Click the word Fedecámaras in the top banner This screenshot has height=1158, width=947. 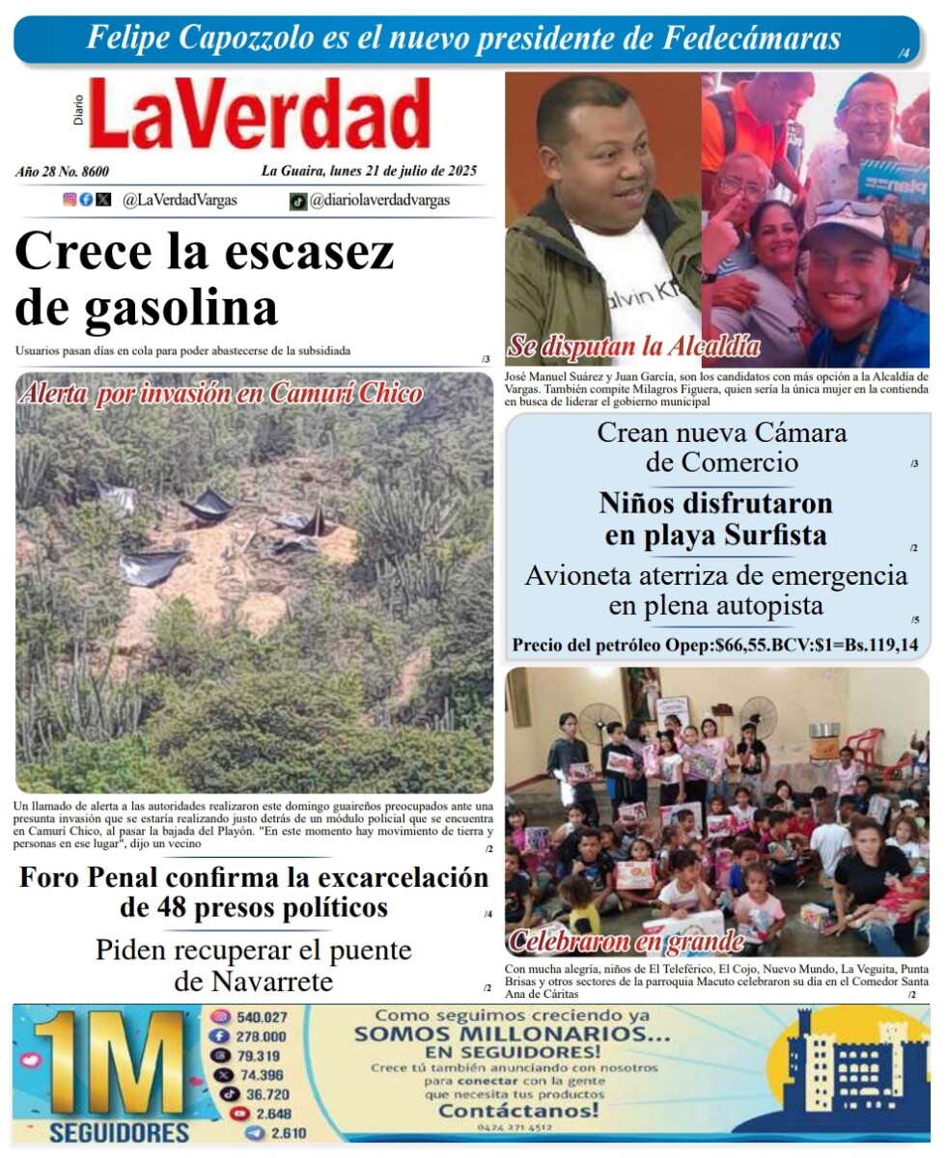tap(752, 38)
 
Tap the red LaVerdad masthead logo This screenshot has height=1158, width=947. tap(259, 115)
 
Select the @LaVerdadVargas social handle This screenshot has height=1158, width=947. tap(180, 201)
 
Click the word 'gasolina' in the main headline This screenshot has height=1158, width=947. tap(181, 308)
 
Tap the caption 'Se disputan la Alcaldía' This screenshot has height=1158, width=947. tap(633, 346)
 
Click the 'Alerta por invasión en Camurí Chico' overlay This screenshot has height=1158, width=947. tap(220, 394)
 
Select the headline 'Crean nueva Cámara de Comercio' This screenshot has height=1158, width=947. tap(721, 448)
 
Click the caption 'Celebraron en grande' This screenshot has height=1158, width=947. tap(627, 941)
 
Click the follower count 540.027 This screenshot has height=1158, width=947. tap(262, 1017)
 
